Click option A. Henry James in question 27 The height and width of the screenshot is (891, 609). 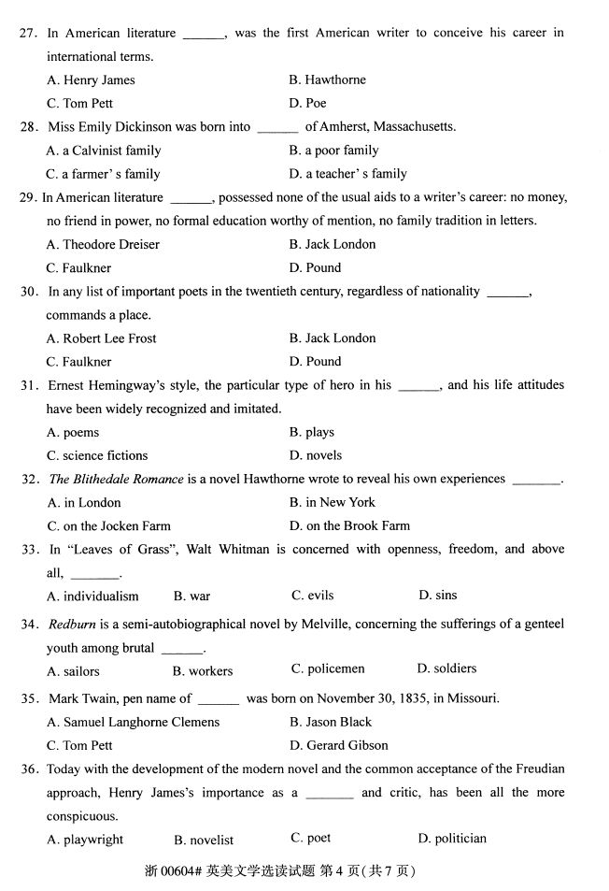(91, 80)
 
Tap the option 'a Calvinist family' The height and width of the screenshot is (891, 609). (104, 151)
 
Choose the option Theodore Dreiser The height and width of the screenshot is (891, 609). (103, 245)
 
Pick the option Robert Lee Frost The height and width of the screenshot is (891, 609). (101, 338)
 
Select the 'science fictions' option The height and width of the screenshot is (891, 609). (97, 456)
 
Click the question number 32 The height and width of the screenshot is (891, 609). (31, 480)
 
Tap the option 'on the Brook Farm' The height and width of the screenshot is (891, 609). (349, 526)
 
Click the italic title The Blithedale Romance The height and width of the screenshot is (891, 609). (116, 480)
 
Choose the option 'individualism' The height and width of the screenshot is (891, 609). (92, 596)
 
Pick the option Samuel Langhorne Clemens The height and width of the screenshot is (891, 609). (133, 723)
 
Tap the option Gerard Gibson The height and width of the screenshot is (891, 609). (338, 746)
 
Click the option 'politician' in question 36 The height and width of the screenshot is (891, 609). (452, 839)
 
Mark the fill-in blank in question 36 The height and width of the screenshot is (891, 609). (330, 794)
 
